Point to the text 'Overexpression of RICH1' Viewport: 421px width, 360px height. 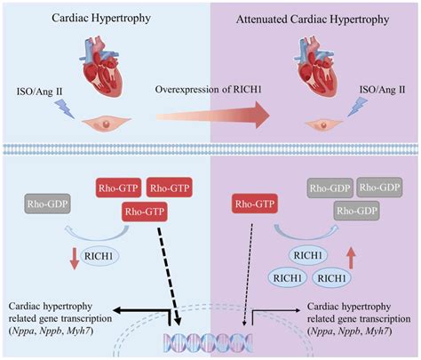(210, 90)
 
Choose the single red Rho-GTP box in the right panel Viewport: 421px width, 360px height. (254, 204)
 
